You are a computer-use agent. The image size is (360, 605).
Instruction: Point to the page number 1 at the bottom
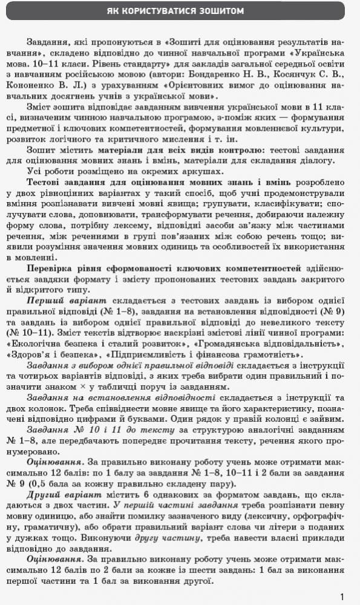(342, 597)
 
